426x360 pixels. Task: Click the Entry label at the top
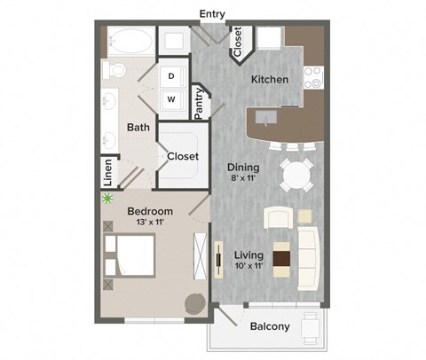coord(213,14)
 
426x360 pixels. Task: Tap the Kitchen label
coord(270,80)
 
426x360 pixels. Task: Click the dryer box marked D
coord(172,77)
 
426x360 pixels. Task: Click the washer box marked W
coord(172,99)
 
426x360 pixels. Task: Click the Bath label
coord(138,128)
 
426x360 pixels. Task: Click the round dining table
coord(296,176)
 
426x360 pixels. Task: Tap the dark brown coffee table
coord(281,258)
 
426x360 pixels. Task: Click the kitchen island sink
coord(267,116)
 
